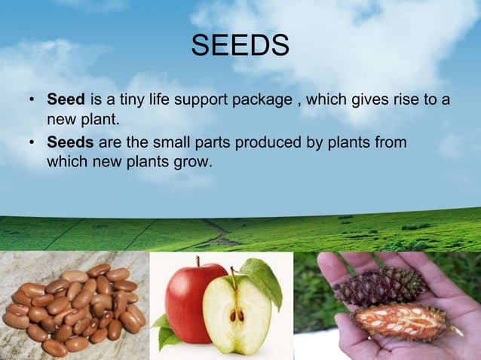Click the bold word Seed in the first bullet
(x=66, y=100)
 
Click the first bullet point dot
(x=32, y=101)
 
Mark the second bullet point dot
(x=32, y=143)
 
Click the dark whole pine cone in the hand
(x=380, y=286)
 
